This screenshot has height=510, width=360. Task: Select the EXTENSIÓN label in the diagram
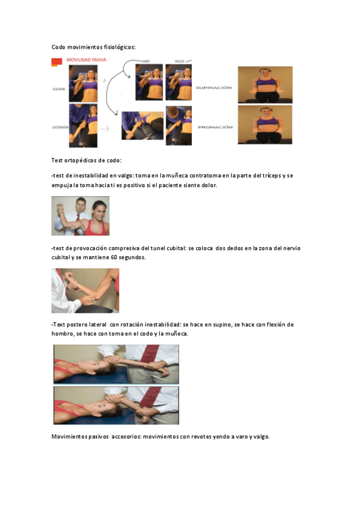60,127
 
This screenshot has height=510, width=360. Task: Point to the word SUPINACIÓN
213,87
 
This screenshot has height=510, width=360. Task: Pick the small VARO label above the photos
145,61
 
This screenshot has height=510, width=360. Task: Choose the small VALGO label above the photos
179,61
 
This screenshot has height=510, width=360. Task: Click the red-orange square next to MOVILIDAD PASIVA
56,61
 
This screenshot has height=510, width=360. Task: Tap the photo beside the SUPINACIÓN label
264,85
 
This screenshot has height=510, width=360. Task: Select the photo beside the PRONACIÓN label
264,124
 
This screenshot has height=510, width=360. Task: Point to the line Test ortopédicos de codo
87,160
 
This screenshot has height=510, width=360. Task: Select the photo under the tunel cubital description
85,290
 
